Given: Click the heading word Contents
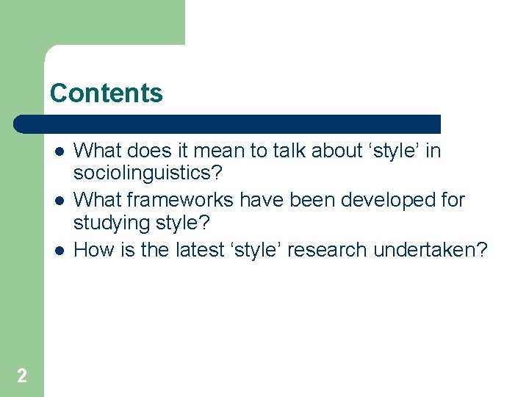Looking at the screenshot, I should [107, 93].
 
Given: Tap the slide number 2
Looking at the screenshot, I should [22, 376].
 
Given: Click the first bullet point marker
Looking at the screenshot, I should [59, 151].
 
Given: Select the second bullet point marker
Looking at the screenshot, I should [59, 201].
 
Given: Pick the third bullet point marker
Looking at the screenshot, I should [59, 251].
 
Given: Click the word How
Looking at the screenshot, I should [93, 250].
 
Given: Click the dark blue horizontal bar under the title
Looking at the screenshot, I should [228, 124].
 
